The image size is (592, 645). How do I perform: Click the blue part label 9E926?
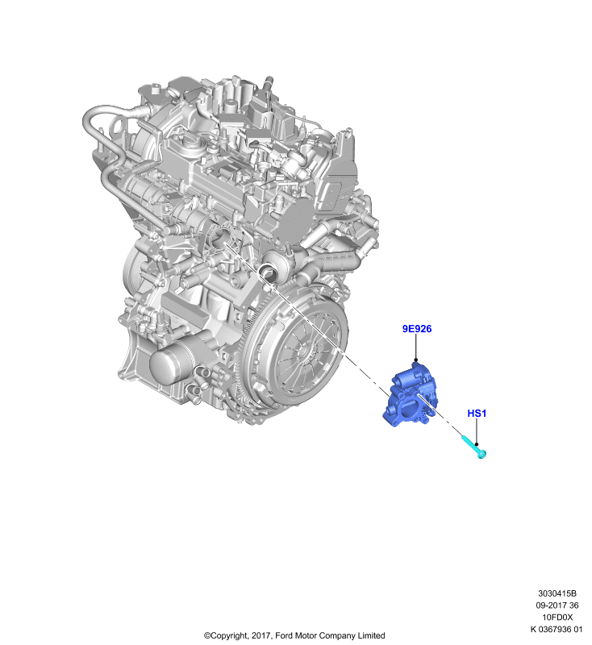(417, 329)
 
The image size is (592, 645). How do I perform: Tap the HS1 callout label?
(477, 413)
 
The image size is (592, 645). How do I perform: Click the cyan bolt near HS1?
(474, 447)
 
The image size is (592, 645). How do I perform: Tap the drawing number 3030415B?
(557, 593)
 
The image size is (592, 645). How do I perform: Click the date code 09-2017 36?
(557, 605)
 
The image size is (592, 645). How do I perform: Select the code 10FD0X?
(557, 617)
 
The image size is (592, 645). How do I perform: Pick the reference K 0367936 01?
(557, 629)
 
